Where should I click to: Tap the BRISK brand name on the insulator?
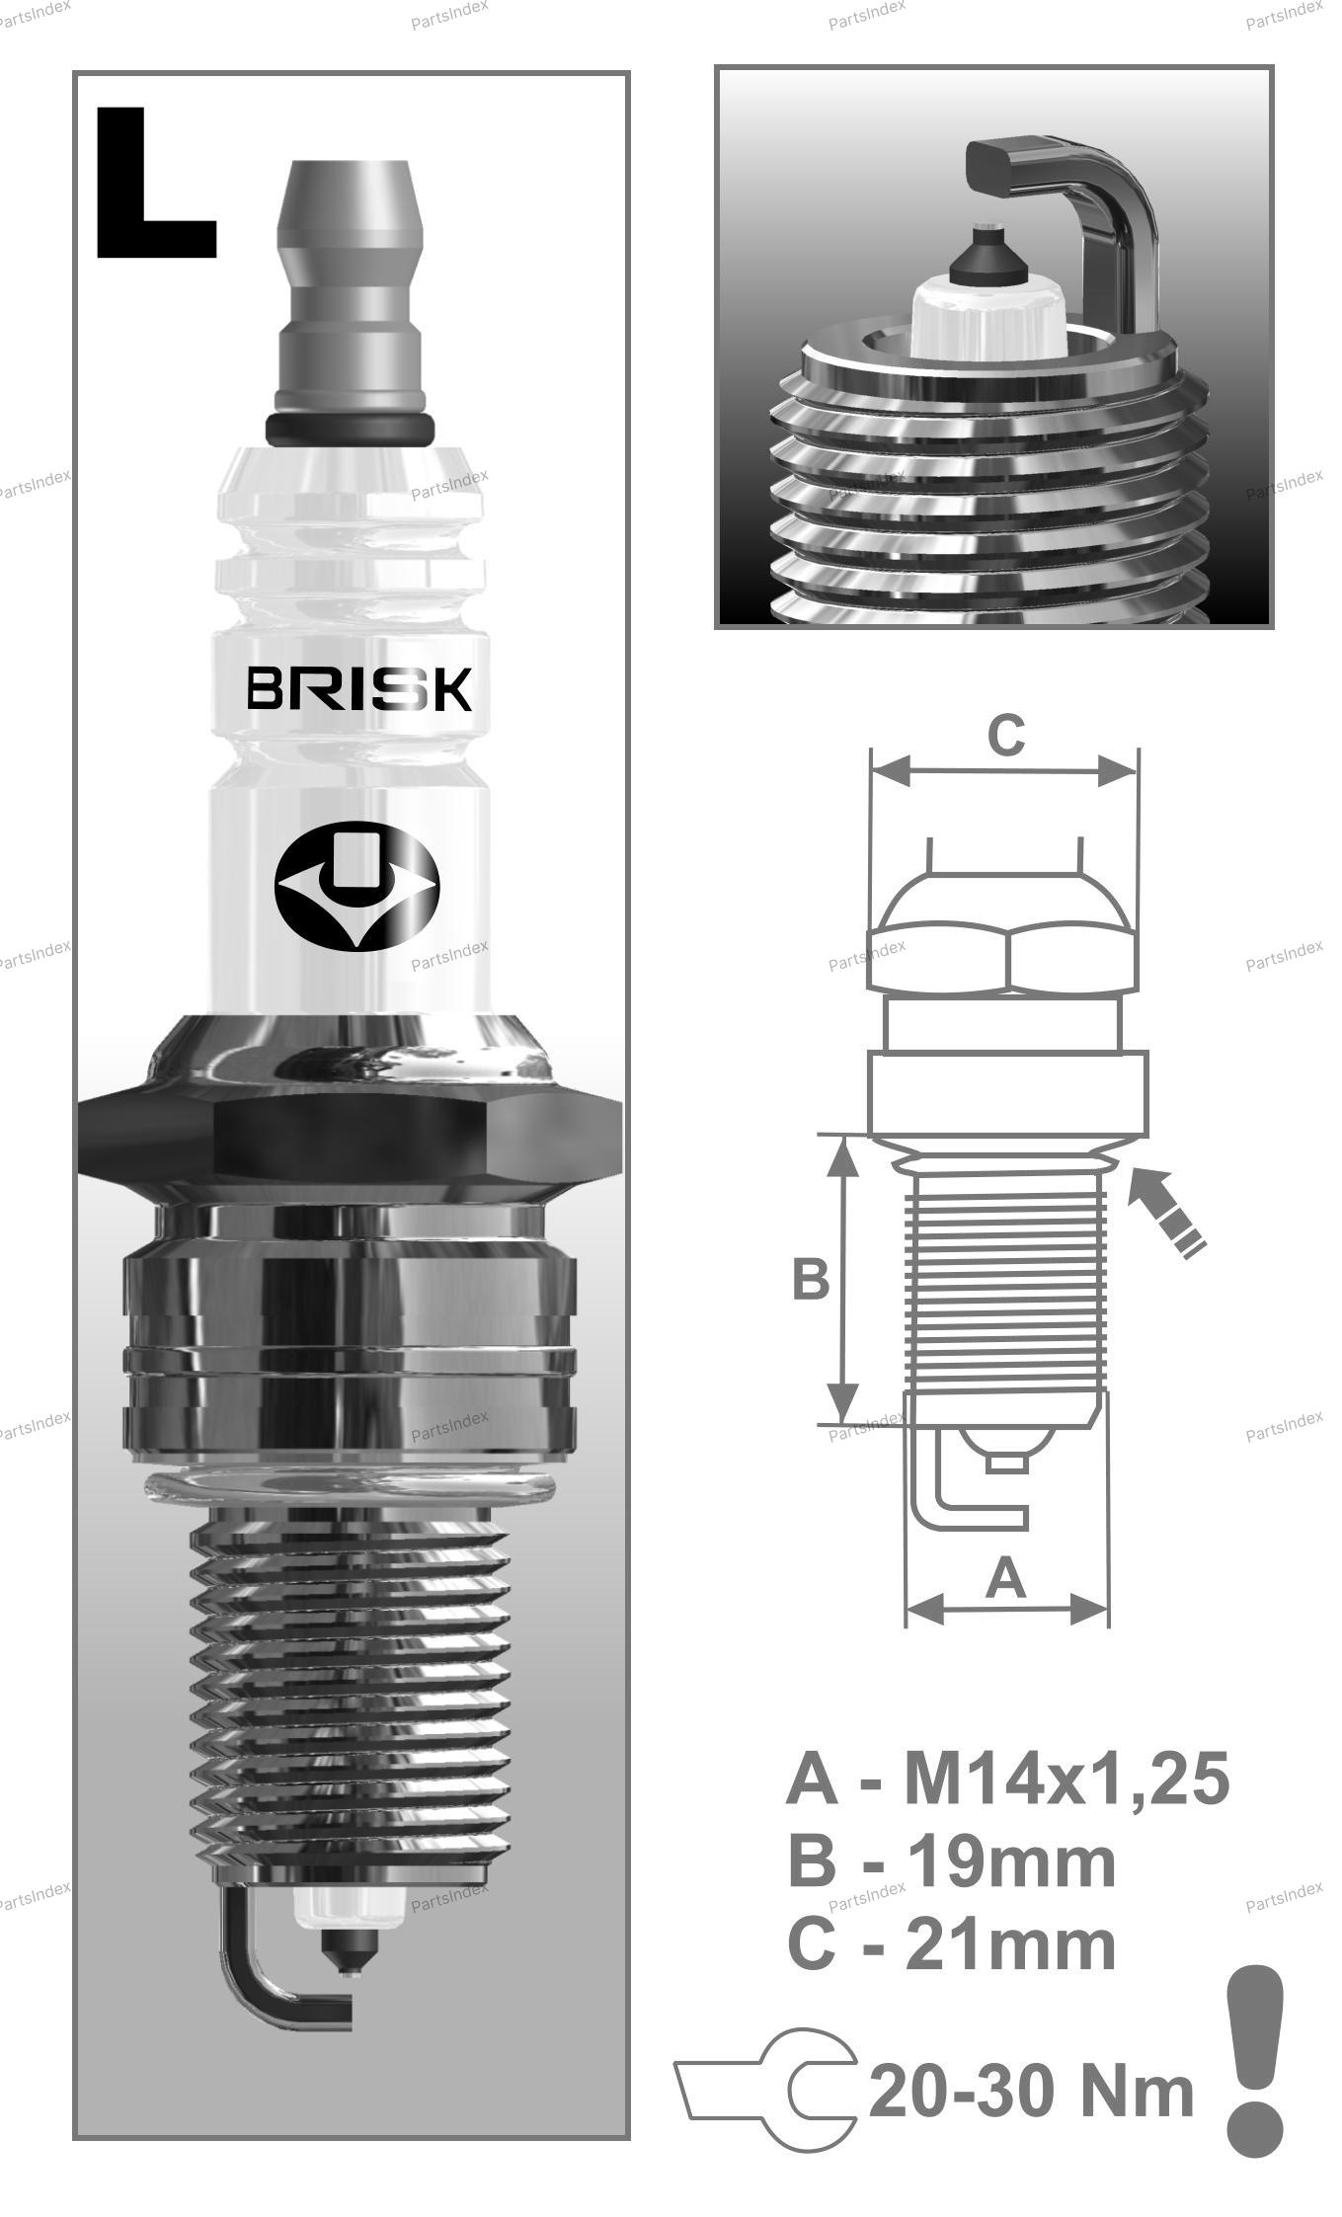coord(359,688)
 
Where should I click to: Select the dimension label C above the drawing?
coord(1006,736)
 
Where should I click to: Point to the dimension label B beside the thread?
coord(811,1279)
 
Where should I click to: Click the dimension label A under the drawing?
coord(1006,1577)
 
